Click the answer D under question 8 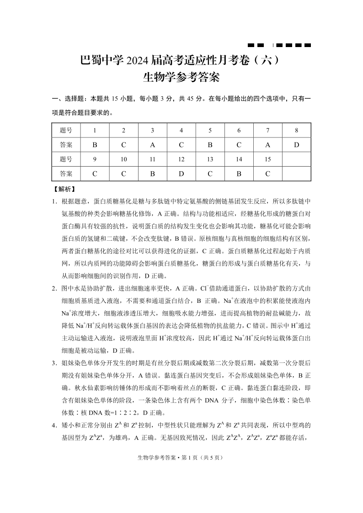click(296, 145)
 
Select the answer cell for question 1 click(95, 145)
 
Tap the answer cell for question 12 click(181, 174)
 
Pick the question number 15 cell click(267, 159)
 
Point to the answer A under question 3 click(153, 145)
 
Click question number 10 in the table click(123, 159)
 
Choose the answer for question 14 click(239, 174)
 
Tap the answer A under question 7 click(267, 145)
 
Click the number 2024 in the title click(142, 60)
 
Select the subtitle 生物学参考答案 click(181, 77)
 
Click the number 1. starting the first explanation click(54, 201)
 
